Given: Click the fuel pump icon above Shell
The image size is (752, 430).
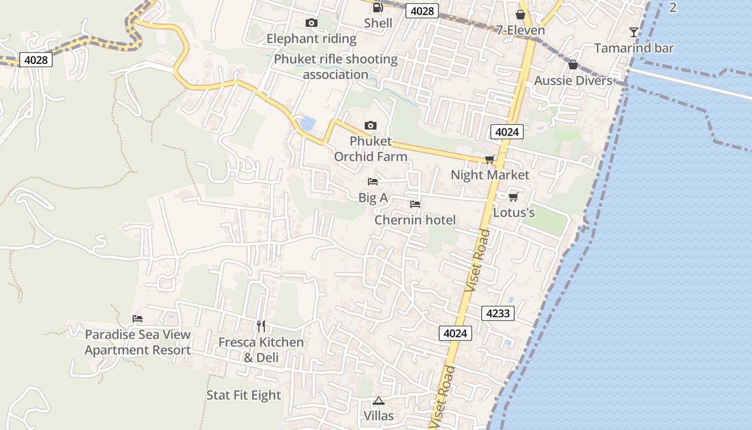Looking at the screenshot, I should pyautogui.click(x=378, y=8).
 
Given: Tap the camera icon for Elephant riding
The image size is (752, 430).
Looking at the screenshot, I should pyautogui.click(x=311, y=23).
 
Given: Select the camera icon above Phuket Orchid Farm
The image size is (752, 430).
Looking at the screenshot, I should pyautogui.click(x=370, y=125).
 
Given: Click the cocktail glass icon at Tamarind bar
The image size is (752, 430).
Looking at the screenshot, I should pyautogui.click(x=634, y=32).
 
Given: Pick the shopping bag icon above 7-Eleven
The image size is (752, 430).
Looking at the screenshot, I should pyautogui.click(x=520, y=15).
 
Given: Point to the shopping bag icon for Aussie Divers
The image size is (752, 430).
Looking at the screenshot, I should pyautogui.click(x=573, y=64).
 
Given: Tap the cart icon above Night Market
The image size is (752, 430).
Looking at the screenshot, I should pyautogui.click(x=489, y=159).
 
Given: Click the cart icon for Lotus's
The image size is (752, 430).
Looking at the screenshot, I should pyautogui.click(x=513, y=197).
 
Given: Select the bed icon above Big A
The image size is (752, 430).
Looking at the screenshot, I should pyautogui.click(x=373, y=182).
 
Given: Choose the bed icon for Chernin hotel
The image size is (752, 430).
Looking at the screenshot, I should pyautogui.click(x=415, y=204).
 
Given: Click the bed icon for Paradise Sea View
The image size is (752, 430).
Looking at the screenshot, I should pyautogui.click(x=138, y=319).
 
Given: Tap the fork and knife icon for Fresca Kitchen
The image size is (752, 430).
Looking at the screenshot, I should pyautogui.click(x=261, y=326).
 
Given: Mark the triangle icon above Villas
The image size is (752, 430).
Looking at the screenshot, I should pyautogui.click(x=379, y=400).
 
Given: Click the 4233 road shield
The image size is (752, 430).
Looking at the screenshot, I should pyautogui.click(x=497, y=313).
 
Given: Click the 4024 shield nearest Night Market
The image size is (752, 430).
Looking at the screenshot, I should pyautogui.click(x=507, y=132).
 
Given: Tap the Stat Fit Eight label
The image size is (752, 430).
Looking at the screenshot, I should pyautogui.click(x=244, y=395).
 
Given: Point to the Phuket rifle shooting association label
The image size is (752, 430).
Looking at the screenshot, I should pyautogui.click(x=336, y=67).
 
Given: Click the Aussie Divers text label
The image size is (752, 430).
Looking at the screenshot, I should pyautogui.click(x=573, y=81).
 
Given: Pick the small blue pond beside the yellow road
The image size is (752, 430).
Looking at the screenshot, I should pyautogui.click(x=307, y=124).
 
